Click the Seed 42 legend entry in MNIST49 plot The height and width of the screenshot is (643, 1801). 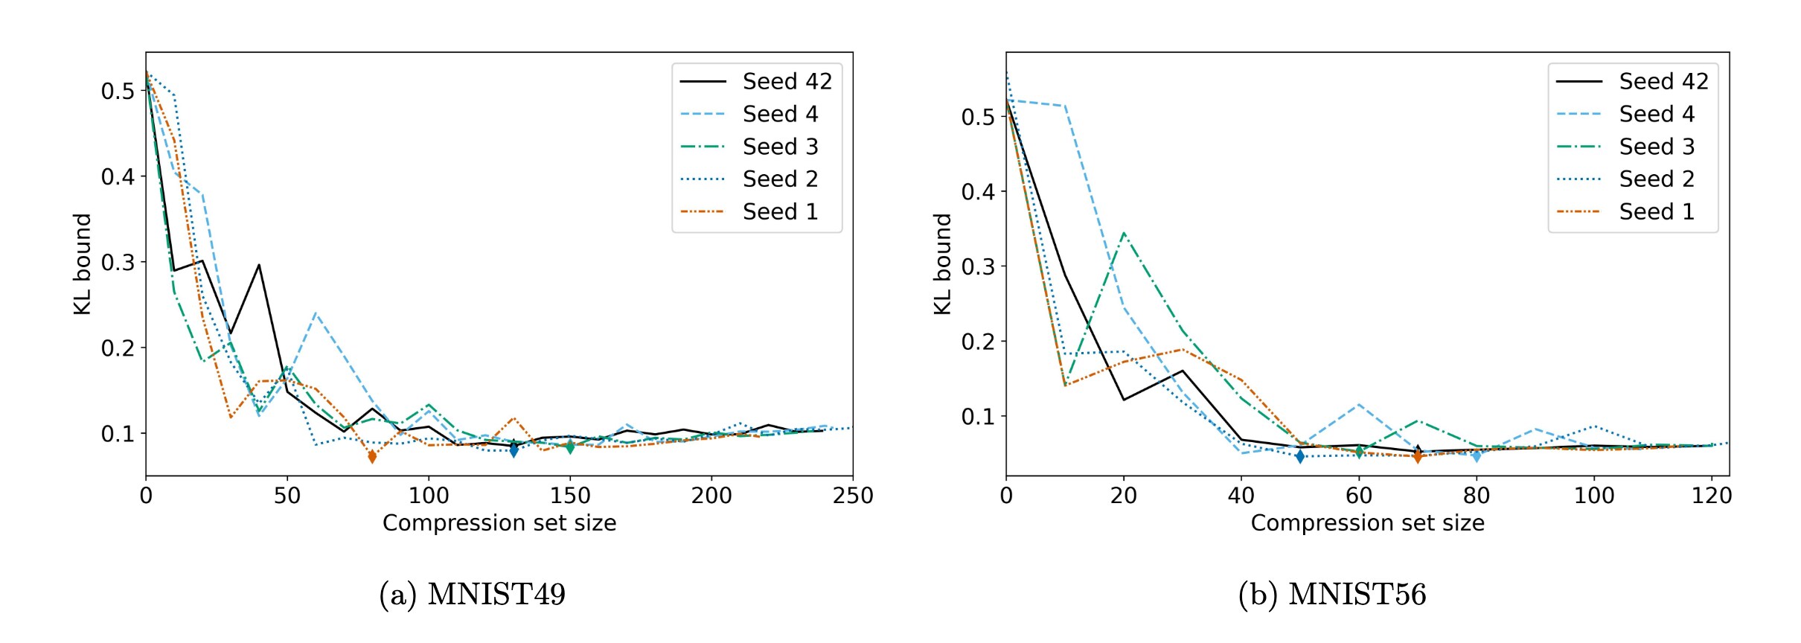787,81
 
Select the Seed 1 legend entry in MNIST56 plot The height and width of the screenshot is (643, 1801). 1656,211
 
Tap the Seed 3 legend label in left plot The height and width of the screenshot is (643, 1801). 780,147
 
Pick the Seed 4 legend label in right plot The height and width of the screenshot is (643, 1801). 1656,114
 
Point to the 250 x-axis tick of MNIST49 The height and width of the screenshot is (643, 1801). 852,496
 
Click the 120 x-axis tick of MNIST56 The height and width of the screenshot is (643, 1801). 1711,496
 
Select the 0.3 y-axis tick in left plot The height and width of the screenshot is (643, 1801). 118,263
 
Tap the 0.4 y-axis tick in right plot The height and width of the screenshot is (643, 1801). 978,192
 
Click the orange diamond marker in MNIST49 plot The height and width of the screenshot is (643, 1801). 372,456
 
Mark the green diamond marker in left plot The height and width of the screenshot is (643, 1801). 570,447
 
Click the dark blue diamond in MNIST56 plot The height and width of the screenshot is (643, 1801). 1299,456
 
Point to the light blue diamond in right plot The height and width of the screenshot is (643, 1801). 1477,455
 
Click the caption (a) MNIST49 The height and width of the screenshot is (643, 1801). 472,595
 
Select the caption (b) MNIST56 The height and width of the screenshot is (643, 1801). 1331,595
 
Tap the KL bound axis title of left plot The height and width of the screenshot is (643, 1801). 82,264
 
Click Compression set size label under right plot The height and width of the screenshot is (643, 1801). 1367,523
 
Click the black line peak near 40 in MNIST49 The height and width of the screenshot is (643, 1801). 259,265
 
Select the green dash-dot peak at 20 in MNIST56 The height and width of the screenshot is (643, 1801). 1123,234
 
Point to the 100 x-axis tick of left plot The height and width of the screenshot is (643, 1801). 429,496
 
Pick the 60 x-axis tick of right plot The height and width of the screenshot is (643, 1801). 1359,496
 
